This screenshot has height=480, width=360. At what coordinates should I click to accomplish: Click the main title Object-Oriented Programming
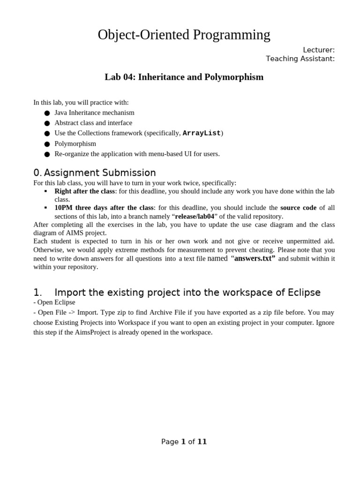(x=184, y=35)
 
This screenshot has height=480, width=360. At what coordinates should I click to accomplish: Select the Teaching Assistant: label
(x=300, y=59)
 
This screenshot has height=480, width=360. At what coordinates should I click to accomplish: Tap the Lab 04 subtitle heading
(x=184, y=77)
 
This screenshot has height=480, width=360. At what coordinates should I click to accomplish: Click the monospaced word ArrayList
(x=201, y=133)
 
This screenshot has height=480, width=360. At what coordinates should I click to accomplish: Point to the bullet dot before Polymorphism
(x=47, y=144)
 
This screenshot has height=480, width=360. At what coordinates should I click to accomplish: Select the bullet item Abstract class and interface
(x=93, y=123)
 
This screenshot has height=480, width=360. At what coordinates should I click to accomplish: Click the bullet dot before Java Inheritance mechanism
(x=47, y=113)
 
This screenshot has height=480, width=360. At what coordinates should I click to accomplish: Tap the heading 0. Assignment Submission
(x=95, y=172)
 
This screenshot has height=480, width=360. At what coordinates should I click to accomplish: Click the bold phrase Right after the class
(x=84, y=191)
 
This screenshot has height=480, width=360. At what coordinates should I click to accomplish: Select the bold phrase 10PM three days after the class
(x=104, y=208)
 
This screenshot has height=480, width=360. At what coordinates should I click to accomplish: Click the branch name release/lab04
(x=195, y=216)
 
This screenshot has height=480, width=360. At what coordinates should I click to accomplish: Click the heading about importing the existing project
(x=177, y=292)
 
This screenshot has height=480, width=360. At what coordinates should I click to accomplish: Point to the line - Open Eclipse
(x=54, y=302)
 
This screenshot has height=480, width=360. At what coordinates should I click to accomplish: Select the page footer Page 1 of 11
(x=184, y=442)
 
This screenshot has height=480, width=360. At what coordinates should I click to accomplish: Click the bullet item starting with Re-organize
(x=137, y=154)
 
